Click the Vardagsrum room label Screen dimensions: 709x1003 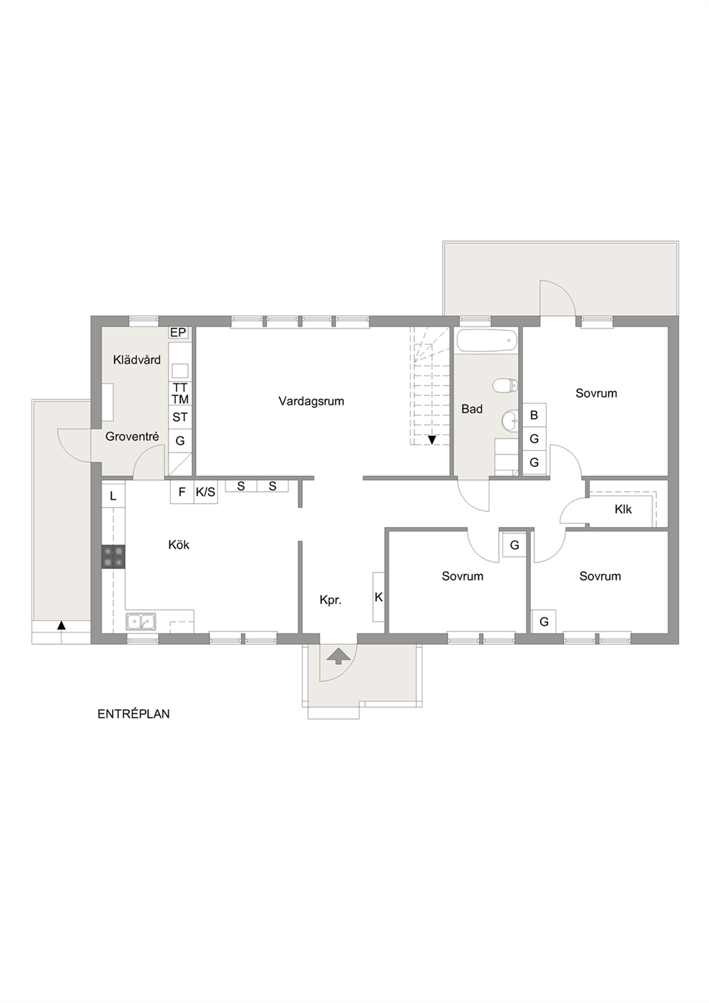311,401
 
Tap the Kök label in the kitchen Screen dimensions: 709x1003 179,545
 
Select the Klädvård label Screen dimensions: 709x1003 137,360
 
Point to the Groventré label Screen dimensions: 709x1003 132,437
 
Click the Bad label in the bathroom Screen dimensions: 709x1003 472,409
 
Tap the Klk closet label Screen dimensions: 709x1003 623,509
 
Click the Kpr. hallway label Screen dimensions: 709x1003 330,601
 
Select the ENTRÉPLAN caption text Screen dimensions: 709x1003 134,713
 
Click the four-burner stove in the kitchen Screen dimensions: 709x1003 113,557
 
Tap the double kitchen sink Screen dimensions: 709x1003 141,621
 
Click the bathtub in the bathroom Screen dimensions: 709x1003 487,341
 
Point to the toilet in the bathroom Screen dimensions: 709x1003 505,385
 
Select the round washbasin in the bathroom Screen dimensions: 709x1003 510,421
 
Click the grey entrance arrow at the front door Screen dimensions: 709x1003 338,656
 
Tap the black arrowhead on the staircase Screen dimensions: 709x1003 432,440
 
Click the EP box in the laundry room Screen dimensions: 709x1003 178,332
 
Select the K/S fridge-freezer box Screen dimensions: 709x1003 205,492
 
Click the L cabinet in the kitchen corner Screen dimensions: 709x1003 113,495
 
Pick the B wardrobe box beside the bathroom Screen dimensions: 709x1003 534,415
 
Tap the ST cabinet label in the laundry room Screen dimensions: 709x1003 180,417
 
